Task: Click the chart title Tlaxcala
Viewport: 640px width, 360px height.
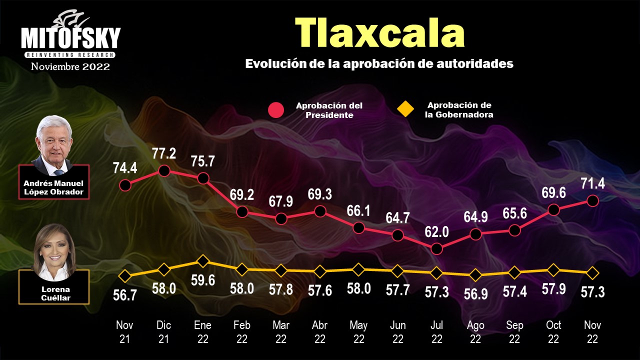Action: pos(379,33)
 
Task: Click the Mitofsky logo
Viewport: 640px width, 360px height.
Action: pos(70,36)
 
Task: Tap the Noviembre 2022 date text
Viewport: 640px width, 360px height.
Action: pos(70,66)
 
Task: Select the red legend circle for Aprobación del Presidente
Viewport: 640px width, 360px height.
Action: pos(276,110)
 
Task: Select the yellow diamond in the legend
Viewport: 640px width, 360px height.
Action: pos(405,109)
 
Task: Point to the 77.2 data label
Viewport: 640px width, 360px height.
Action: pos(164,153)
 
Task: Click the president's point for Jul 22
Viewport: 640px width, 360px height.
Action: pos(436,248)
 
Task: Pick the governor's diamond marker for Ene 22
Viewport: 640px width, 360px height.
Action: pos(202,261)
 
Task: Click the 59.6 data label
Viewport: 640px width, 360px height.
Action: pos(202,280)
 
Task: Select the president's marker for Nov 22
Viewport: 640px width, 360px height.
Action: pos(592,200)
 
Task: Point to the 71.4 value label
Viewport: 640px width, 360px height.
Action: pos(592,183)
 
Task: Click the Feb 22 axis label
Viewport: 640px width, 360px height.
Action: pos(241,332)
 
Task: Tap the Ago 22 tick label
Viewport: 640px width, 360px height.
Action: pos(475,332)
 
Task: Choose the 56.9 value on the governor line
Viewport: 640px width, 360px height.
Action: pos(475,293)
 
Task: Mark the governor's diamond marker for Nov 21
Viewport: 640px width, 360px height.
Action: pos(125,275)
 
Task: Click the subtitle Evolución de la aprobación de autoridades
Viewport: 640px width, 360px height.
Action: pos(379,64)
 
